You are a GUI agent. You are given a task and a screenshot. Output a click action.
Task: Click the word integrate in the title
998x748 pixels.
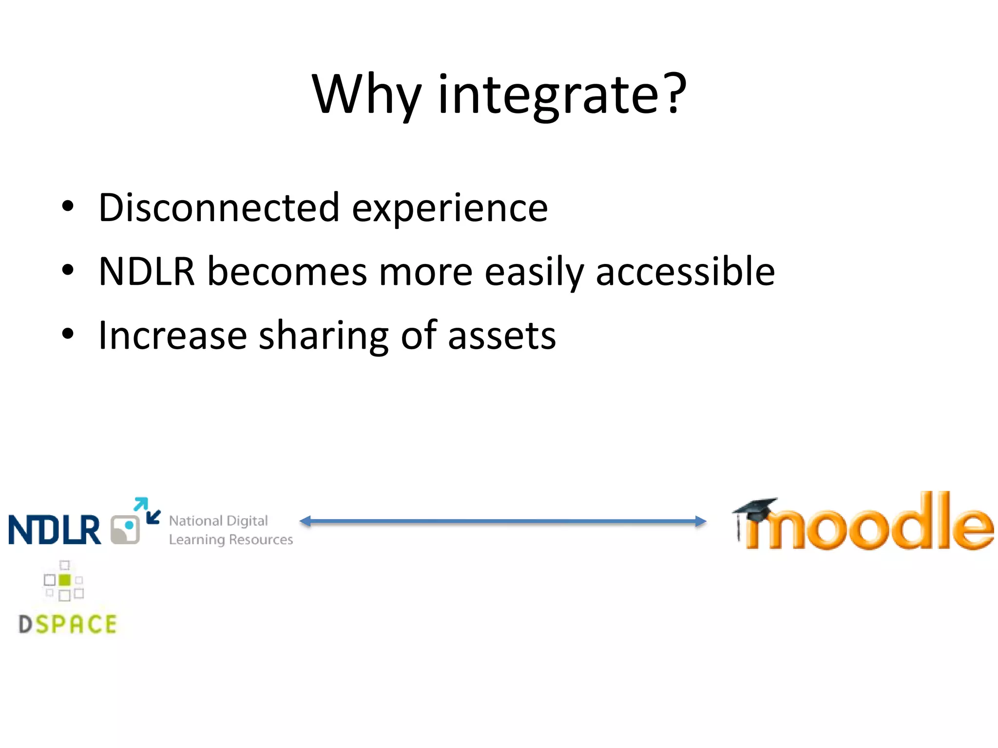(x=549, y=95)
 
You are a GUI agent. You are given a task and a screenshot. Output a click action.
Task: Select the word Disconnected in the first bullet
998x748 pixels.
(x=219, y=208)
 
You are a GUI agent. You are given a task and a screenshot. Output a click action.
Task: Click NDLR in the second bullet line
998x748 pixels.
(x=147, y=271)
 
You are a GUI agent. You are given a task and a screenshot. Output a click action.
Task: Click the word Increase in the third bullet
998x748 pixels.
(x=173, y=336)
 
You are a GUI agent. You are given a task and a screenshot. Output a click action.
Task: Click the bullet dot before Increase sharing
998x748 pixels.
(x=68, y=334)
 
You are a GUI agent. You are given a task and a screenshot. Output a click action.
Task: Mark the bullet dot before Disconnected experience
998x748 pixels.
(x=68, y=206)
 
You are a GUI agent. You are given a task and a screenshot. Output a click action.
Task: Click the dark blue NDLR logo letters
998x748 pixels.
(x=55, y=530)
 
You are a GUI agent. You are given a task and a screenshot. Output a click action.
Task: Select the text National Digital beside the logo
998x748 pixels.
(x=218, y=521)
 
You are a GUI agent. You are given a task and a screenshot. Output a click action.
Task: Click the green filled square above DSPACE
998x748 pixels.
(x=64, y=580)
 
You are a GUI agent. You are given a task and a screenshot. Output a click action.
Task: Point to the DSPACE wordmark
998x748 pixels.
(x=68, y=624)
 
